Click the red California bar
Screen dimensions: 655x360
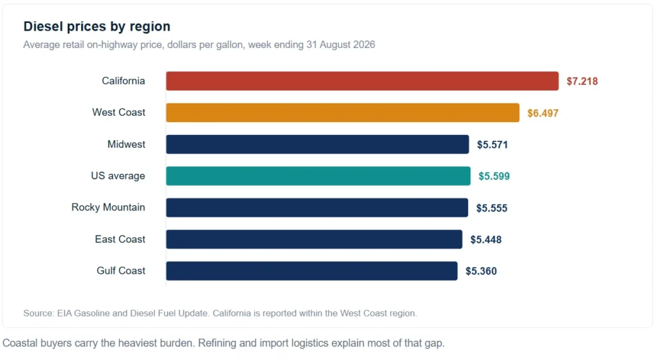(x=362, y=81)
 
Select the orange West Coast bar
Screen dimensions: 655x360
(x=343, y=113)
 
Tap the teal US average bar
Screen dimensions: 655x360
(x=319, y=176)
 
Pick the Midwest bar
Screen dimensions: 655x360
(x=317, y=144)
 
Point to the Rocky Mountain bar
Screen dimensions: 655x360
(x=317, y=208)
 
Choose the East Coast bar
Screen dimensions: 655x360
(x=314, y=239)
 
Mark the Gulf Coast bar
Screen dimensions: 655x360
(x=312, y=270)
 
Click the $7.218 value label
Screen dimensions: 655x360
(x=582, y=81)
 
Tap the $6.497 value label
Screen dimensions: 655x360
(x=542, y=113)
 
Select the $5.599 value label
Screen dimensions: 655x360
(x=494, y=176)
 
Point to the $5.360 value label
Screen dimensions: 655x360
(x=481, y=271)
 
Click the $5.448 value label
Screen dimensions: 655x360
(x=486, y=240)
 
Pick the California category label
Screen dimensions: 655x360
(x=123, y=81)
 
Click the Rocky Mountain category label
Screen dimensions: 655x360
(x=108, y=207)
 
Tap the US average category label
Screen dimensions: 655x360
(x=118, y=176)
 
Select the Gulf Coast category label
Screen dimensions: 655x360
(x=121, y=270)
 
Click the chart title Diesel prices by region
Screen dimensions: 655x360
(x=97, y=26)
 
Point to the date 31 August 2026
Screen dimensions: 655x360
(x=340, y=45)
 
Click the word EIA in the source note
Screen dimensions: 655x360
(x=65, y=313)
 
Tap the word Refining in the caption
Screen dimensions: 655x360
(x=217, y=343)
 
